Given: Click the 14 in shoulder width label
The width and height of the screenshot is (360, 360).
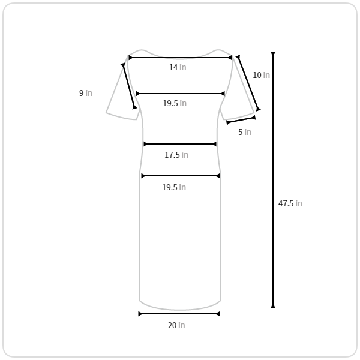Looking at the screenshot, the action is coord(178,67).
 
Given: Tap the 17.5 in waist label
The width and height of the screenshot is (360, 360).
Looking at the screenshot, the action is coord(176,155).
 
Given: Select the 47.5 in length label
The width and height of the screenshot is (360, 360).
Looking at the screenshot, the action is coord(290,203).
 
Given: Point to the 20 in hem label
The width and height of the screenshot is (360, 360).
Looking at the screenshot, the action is coord(176,325).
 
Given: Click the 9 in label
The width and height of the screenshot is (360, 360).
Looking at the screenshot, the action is coord(86,93).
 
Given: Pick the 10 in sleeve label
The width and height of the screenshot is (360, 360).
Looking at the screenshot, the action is coord(261,75).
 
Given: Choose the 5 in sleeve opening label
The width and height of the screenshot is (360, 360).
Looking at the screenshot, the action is coord(245,132).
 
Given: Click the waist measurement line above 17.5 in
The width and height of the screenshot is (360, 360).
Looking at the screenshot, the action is coord(180,144).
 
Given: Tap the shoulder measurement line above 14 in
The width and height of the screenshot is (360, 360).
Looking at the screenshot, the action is coord(180,58).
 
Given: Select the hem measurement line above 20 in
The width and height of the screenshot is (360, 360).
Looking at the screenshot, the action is coord(179,314).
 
